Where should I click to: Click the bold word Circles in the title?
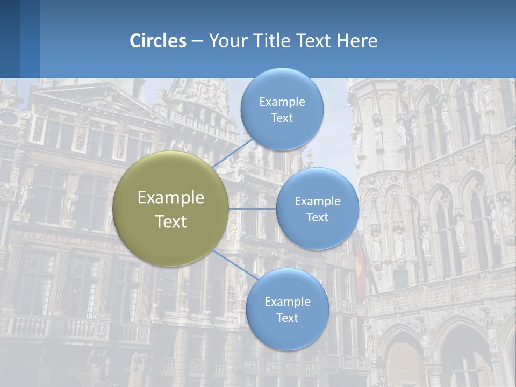pyautogui.click(x=157, y=41)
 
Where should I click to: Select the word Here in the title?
pyautogui.click(x=357, y=41)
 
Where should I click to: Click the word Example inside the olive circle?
pyautogui.click(x=171, y=198)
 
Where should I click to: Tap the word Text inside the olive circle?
pyautogui.click(x=171, y=221)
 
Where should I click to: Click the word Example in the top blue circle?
pyautogui.click(x=282, y=102)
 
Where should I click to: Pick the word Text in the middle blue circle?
pyautogui.click(x=317, y=217)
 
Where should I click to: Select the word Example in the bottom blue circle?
pyautogui.click(x=287, y=302)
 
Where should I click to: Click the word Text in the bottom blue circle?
pyautogui.click(x=287, y=318)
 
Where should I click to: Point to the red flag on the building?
pyautogui.click(x=361, y=269)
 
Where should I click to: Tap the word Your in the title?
pyautogui.click(x=226, y=41)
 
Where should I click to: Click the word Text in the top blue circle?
pyautogui.click(x=282, y=118)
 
